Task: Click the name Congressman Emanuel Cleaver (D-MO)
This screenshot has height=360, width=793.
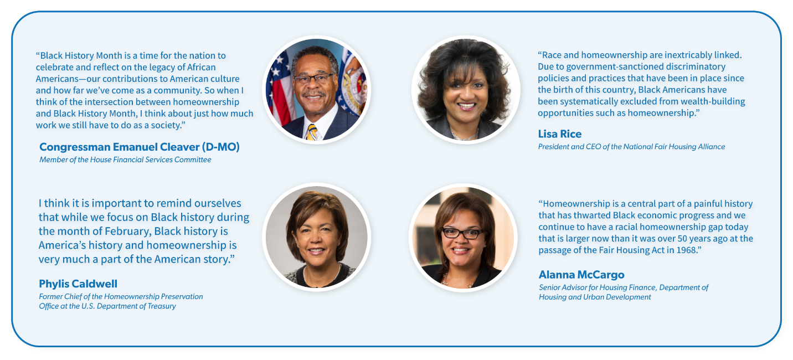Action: (140, 147)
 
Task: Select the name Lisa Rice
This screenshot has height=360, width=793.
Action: (560, 134)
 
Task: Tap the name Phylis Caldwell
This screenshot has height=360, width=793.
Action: (78, 284)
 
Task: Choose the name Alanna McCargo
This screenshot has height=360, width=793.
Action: (581, 274)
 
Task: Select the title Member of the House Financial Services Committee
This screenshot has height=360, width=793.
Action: (125, 160)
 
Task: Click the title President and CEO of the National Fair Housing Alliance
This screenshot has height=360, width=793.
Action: (631, 147)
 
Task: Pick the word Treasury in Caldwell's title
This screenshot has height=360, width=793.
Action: (162, 306)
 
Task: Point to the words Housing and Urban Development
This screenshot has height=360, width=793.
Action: (595, 297)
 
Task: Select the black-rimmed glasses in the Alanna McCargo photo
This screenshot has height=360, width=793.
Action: (463, 233)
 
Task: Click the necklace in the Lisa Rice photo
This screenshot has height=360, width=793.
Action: (465, 136)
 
